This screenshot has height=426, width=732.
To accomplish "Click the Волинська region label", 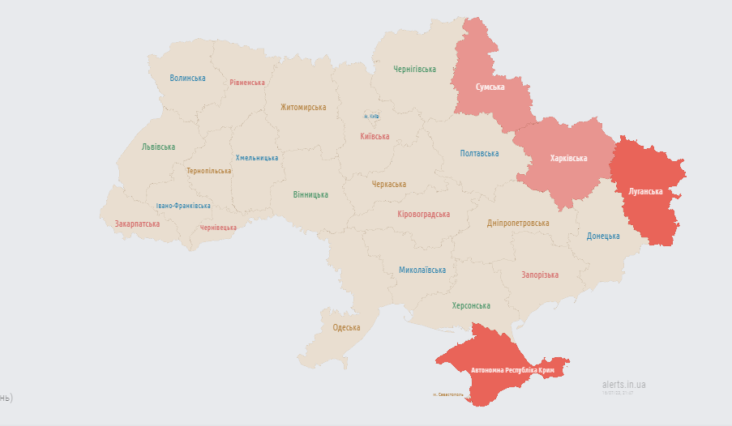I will [187, 79].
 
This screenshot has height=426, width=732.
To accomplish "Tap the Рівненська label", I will [247, 83].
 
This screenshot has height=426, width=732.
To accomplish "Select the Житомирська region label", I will [303, 107].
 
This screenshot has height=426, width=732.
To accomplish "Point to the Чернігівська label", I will [414, 70].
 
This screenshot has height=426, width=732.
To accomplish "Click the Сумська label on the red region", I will [490, 87].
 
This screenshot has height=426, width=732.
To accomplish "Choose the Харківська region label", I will [568, 158].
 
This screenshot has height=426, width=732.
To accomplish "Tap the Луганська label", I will [645, 192].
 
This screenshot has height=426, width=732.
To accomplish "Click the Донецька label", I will [603, 236].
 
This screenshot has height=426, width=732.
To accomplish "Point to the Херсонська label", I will [471, 305].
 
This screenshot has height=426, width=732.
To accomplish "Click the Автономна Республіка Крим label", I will [512, 370].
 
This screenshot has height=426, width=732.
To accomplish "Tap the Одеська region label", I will [346, 328].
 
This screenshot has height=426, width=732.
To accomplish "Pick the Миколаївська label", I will [422, 270].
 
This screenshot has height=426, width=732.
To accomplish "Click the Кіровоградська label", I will [423, 215].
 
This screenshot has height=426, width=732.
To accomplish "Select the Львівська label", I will [158, 147].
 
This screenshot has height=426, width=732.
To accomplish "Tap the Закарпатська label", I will [137, 224].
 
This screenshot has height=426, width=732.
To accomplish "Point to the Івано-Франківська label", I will [183, 206].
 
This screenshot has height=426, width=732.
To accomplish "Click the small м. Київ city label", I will [371, 117].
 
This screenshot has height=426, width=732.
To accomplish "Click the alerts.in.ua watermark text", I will [624, 385].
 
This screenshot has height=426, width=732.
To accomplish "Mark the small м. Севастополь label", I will [448, 394].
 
